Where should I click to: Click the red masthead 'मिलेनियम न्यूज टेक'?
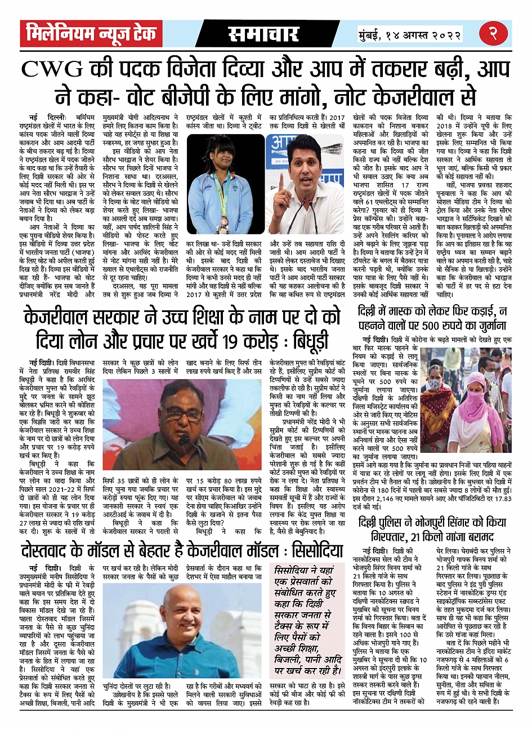click(x=91, y=34)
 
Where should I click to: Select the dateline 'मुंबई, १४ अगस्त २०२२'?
click(x=410, y=35)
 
